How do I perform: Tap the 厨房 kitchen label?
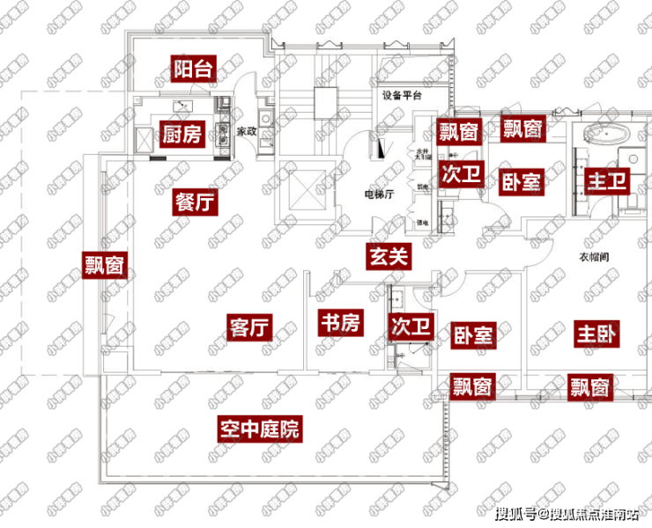(x=182, y=135)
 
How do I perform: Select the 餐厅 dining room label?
(x=195, y=202)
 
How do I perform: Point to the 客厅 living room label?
(x=248, y=326)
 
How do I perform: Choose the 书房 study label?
(x=339, y=323)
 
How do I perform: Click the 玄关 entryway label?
(x=389, y=256)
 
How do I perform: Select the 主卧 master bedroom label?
(x=597, y=334)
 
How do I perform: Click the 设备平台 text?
(x=402, y=95)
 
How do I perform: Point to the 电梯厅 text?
(x=378, y=194)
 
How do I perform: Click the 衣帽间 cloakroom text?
(x=595, y=257)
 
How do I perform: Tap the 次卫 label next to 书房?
(x=411, y=326)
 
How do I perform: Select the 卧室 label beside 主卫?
(x=522, y=181)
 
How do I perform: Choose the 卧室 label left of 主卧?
(x=473, y=334)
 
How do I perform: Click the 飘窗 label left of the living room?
(x=103, y=264)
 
